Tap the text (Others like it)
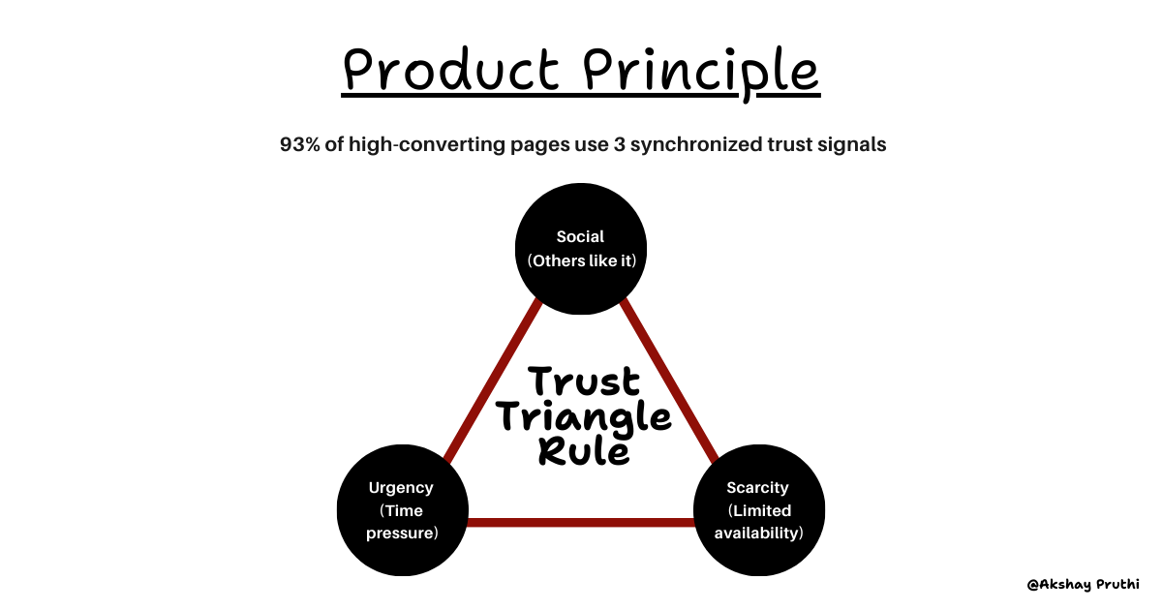tap(580, 261)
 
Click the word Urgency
tap(401, 488)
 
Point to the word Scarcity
tap(758, 488)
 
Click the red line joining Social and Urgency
tap(491, 380)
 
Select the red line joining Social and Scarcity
tap(670, 380)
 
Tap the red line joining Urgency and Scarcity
tap(581, 524)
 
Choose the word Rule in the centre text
tap(584, 453)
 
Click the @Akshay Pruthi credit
tap(1083, 585)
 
